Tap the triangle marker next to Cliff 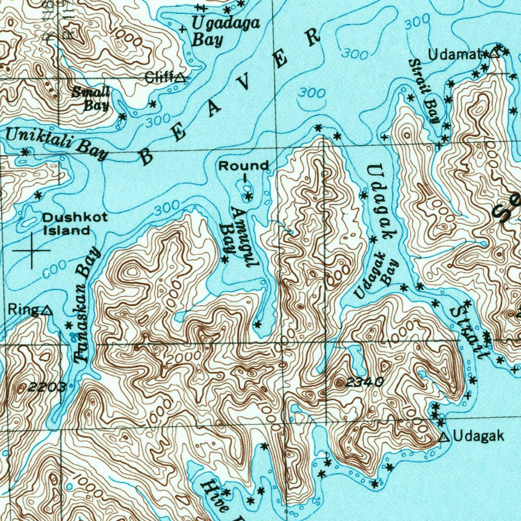coord(180,78)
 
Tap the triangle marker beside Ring coord(46,310)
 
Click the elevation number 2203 coord(47,387)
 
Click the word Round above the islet coord(244,166)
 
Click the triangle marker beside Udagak coord(445,437)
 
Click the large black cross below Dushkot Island coord(32,251)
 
